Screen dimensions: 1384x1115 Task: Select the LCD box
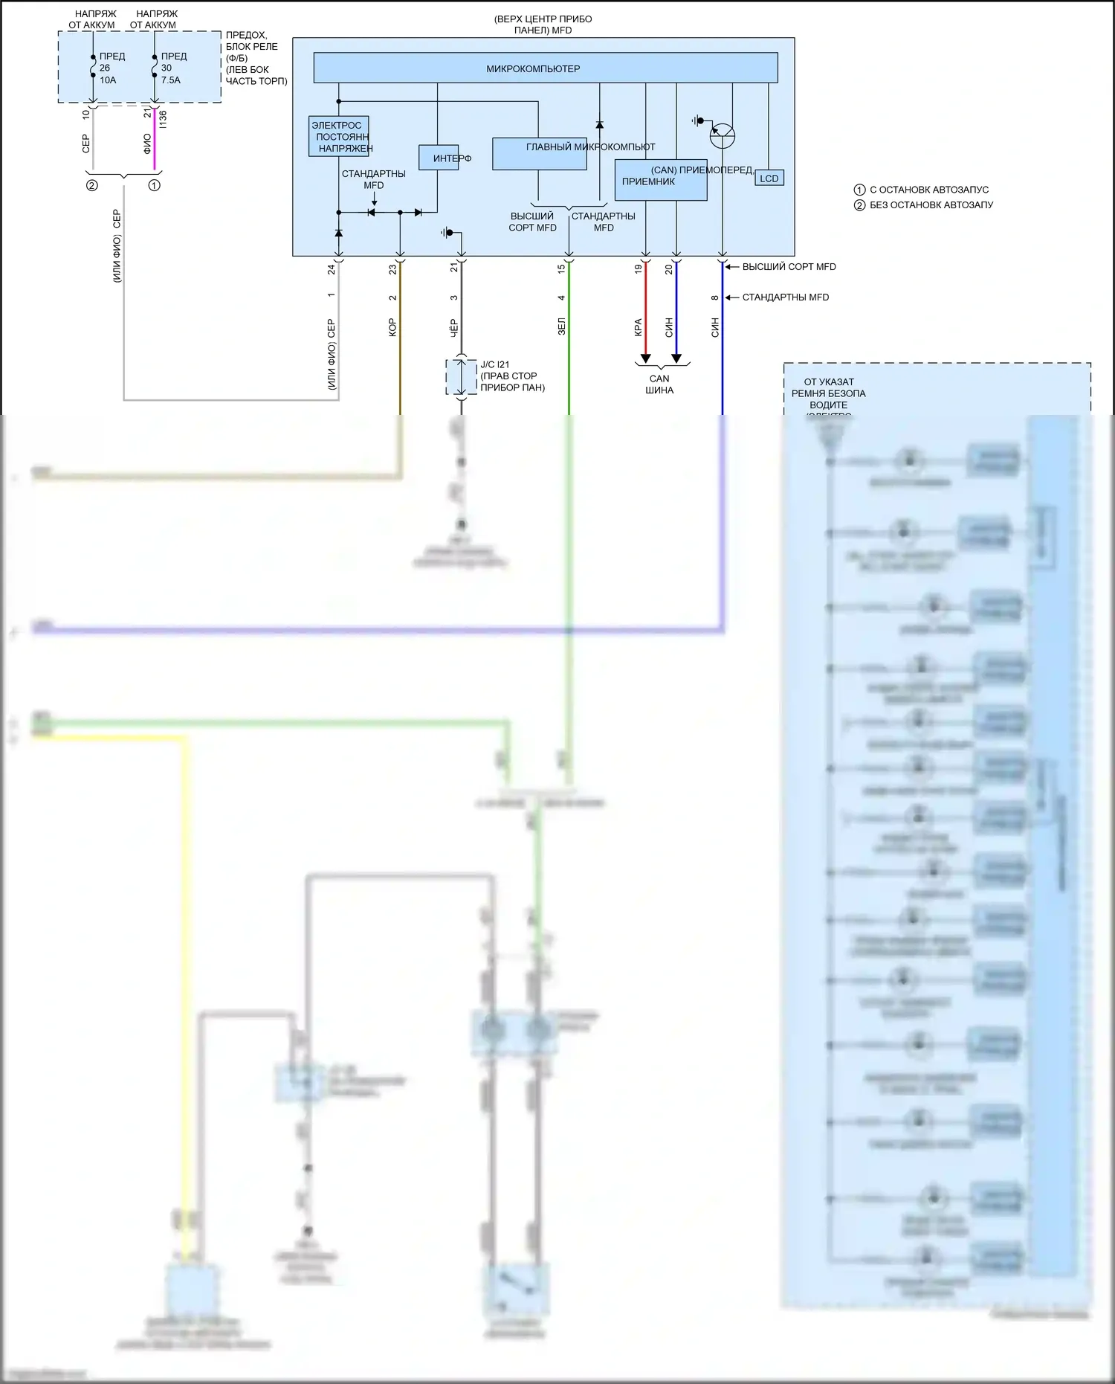tap(769, 178)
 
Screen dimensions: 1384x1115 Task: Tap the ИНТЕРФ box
tap(439, 158)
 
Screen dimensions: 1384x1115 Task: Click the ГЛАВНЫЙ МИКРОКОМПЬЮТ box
tap(540, 154)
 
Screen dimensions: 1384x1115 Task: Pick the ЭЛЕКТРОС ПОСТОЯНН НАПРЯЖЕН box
tap(339, 137)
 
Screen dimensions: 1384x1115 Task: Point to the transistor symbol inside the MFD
tap(723, 136)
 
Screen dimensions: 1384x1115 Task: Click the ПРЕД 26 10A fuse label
tap(112, 68)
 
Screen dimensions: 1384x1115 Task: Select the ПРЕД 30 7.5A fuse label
tap(172, 68)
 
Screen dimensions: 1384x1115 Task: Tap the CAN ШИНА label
tap(659, 384)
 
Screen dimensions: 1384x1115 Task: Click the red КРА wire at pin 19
tap(645, 312)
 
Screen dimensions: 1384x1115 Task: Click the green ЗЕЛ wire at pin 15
tap(569, 335)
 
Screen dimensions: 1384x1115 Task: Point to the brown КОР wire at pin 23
tap(400, 335)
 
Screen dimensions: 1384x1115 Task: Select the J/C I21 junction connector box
tap(461, 377)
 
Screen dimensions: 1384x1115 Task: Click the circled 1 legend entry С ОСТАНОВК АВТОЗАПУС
tap(922, 190)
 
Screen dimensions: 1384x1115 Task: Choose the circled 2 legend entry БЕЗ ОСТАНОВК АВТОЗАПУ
tap(924, 205)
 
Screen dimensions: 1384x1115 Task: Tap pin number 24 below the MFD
tap(332, 269)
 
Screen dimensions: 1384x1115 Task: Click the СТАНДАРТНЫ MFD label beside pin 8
tap(785, 297)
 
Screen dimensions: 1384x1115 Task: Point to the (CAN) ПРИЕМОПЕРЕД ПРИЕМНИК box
tap(661, 180)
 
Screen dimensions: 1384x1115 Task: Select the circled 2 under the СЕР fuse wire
tap(92, 185)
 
